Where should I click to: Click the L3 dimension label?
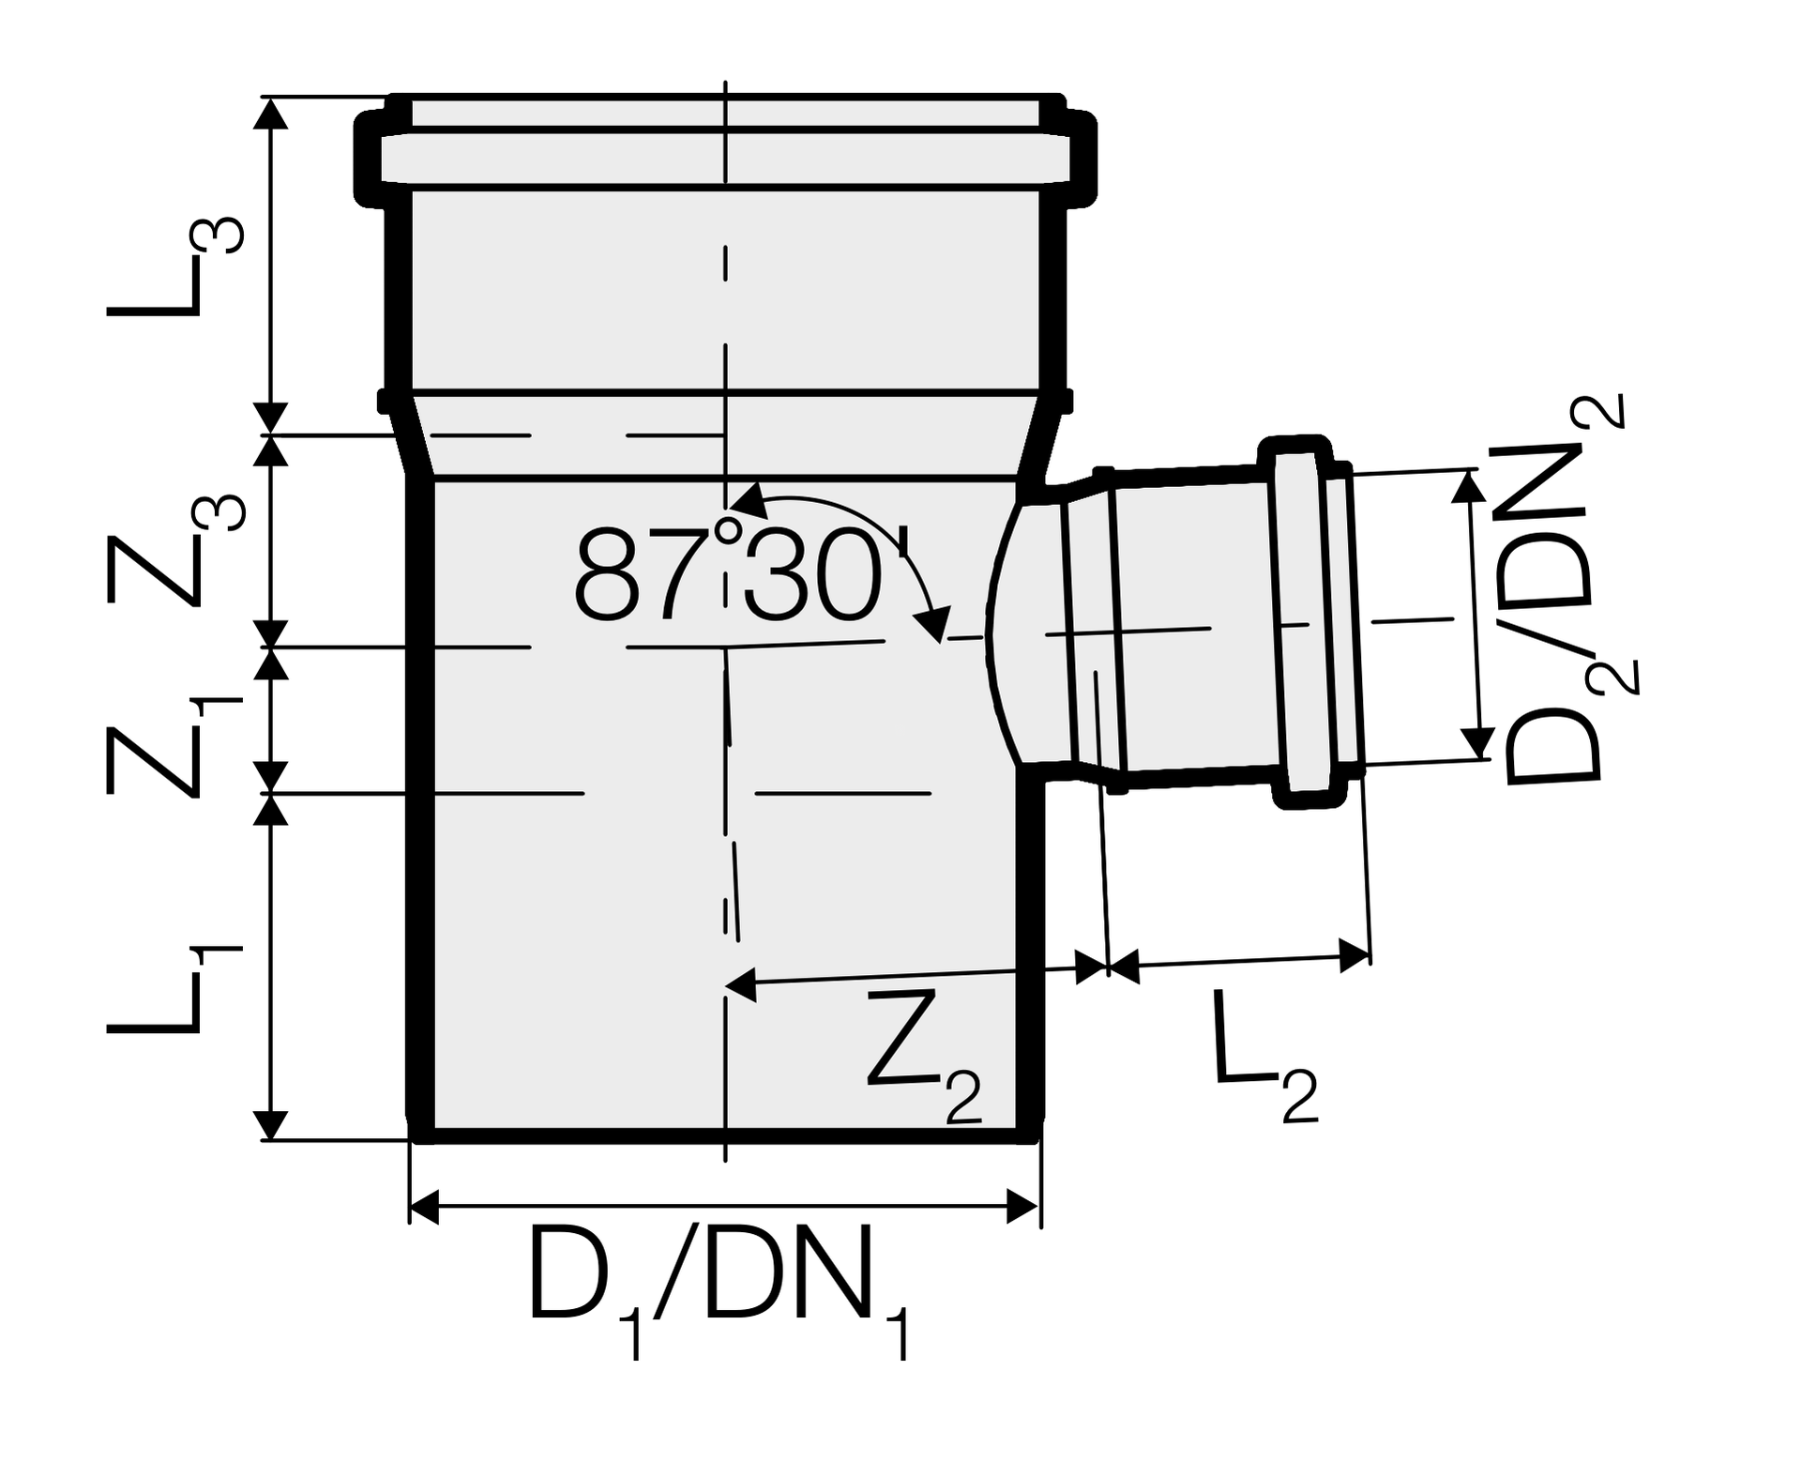tap(175, 268)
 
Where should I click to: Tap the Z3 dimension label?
tap(175, 551)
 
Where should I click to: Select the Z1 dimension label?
tap(175, 746)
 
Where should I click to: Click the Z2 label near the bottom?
tap(924, 1056)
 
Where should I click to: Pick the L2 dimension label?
tap(1266, 1056)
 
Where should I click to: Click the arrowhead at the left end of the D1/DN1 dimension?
tap(425, 1206)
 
